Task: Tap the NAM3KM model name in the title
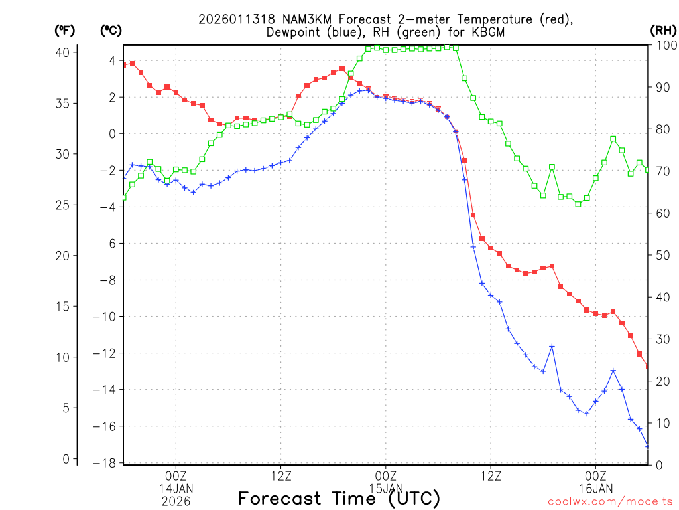302,19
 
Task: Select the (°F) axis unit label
65,30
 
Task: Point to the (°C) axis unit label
111,30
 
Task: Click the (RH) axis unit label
662,30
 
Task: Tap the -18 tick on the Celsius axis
107,463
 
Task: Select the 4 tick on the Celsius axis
113,60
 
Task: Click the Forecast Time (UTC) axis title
339,499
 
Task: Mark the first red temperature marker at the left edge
124,64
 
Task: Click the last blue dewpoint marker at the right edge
648,446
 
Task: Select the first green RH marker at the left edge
124,197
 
